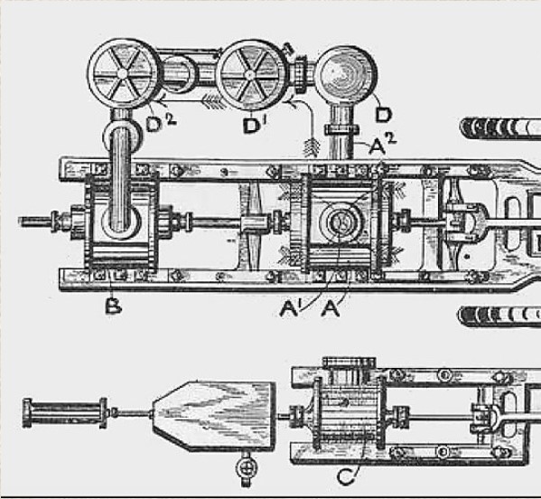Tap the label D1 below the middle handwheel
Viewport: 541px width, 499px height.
pyautogui.click(x=256, y=126)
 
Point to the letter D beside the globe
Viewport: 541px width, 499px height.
pyautogui.click(x=383, y=115)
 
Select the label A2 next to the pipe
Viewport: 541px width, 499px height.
pyautogui.click(x=383, y=144)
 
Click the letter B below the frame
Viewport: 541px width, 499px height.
pyautogui.click(x=113, y=306)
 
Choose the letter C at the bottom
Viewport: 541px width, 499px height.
pyautogui.click(x=346, y=476)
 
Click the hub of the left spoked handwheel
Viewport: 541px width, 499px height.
pyautogui.click(x=122, y=73)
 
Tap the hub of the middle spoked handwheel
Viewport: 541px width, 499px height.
pyautogui.click(x=250, y=75)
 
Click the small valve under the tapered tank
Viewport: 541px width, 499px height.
pyautogui.click(x=247, y=468)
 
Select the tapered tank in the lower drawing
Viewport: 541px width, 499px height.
pyautogui.click(x=214, y=416)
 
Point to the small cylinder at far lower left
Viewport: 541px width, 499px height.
pyautogui.click(x=65, y=413)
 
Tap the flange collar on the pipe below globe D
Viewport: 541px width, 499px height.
pyautogui.click(x=341, y=130)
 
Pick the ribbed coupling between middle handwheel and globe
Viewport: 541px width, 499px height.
pyautogui.click(x=301, y=74)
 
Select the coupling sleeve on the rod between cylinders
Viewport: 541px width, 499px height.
pyautogui.click(x=255, y=223)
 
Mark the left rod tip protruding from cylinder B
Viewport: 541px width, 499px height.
pyautogui.click(x=20, y=221)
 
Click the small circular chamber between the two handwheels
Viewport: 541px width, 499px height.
pyautogui.click(x=178, y=73)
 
